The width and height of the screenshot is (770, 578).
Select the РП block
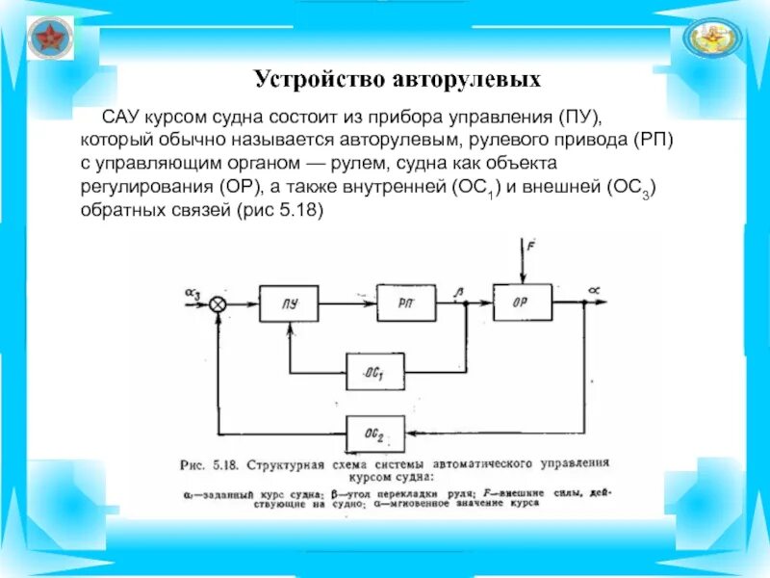(x=407, y=304)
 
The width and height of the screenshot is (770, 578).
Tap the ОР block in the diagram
(x=522, y=302)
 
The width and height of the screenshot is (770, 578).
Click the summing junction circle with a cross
(x=218, y=304)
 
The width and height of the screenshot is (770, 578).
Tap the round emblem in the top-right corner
(x=713, y=39)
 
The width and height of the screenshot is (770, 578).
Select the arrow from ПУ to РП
(x=348, y=304)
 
